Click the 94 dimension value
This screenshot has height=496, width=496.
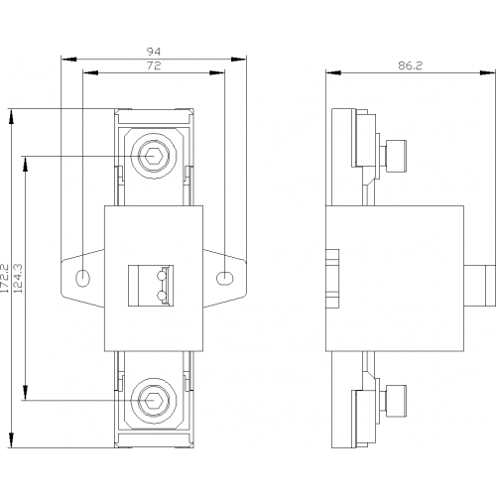click(x=154, y=52)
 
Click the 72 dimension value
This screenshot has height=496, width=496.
click(x=154, y=65)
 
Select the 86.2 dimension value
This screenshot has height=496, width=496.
click(x=411, y=65)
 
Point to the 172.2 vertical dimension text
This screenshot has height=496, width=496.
click(x=4, y=278)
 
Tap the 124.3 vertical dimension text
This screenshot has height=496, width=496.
click(x=18, y=278)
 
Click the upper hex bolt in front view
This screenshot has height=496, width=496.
click(x=154, y=156)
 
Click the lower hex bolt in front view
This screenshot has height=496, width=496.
click(x=154, y=401)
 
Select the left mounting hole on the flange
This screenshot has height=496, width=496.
click(x=82, y=278)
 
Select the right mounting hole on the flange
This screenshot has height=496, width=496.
click(x=224, y=278)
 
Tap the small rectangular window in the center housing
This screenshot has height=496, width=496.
click(x=151, y=285)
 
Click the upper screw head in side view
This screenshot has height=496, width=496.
click(x=396, y=156)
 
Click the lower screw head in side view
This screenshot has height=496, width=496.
click(x=396, y=401)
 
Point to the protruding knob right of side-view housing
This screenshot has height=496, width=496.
click(x=479, y=285)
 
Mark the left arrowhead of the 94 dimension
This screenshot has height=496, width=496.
click(x=68, y=60)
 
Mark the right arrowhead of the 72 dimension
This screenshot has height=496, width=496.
click(x=217, y=72)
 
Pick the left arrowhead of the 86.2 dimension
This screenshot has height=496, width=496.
click(x=333, y=72)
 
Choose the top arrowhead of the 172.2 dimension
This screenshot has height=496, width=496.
click(x=12, y=116)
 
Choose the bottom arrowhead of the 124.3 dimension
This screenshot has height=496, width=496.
click(x=25, y=393)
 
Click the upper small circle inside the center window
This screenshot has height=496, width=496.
click(x=162, y=275)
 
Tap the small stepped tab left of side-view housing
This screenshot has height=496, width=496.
click(x=332, y=279)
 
